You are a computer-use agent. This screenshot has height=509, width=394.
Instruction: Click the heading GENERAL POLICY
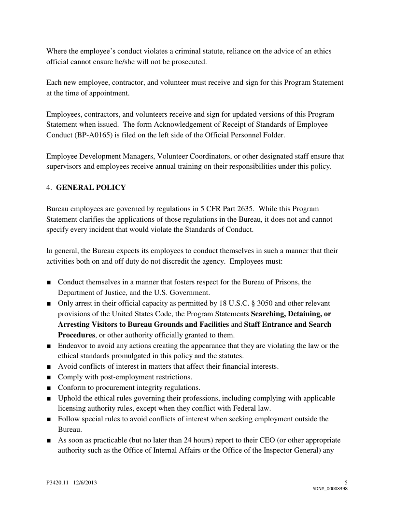click(x=91, y=188)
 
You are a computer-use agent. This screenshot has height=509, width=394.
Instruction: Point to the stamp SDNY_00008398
click(x=330, y=488)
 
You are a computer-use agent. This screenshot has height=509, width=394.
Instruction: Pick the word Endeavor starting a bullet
click(x=73, y=346)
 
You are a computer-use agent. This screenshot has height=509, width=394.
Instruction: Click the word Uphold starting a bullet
click(x=69, y=399)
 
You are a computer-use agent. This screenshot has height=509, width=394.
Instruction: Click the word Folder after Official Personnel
click(x=273, y=135)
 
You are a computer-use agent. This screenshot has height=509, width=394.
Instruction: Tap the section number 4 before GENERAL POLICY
click(x=48, y=188)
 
